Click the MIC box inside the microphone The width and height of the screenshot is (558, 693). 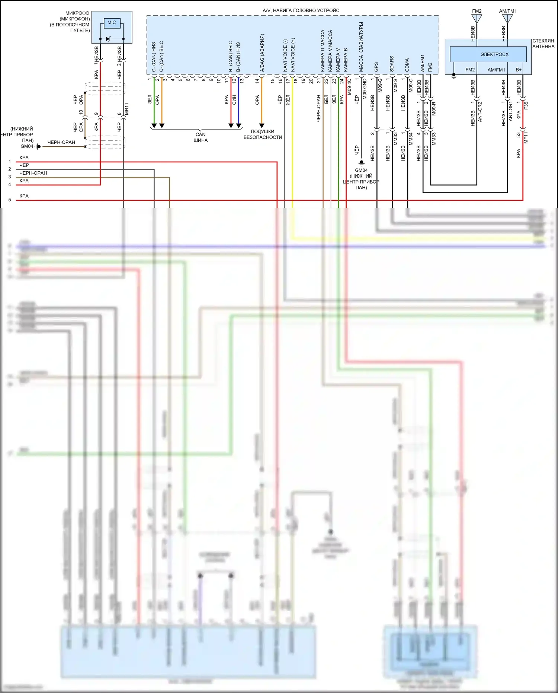click(x=112, y=23)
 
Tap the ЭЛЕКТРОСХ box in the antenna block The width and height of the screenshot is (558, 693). click(x=488, y=54)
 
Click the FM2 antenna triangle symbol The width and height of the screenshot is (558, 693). click(x=477, y=18)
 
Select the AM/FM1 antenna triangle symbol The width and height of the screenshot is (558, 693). click(x=507, y=18)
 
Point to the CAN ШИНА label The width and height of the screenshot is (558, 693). click(x=201, y=137)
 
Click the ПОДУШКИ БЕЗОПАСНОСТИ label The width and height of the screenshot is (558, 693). click(x=263, y=134)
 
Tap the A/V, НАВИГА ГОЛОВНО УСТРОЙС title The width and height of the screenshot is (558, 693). click(x=301, y=10)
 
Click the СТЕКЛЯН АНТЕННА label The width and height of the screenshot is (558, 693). click(x=543, y=44)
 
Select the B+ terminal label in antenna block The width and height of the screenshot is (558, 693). click(x=519, y=70)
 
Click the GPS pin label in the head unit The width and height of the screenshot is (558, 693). click(x=376, y=67)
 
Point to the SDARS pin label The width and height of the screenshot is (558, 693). click(x=392, y=64)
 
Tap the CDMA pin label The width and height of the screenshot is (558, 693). click(x=407, y=65)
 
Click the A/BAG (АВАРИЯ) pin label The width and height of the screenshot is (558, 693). click(x=262, y=53)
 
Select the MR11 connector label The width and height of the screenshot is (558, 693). click(x=127, y=109)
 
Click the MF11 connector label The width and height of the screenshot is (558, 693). click(x=526, y=137)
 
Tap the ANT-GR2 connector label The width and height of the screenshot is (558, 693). click(x=480, y=111)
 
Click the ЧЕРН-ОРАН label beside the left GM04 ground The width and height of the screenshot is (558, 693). click(x=61, y=142)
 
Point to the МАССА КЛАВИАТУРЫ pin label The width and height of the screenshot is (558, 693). click(x=361, y=47)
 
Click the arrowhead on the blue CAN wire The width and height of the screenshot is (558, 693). click(x=239, y=125)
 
